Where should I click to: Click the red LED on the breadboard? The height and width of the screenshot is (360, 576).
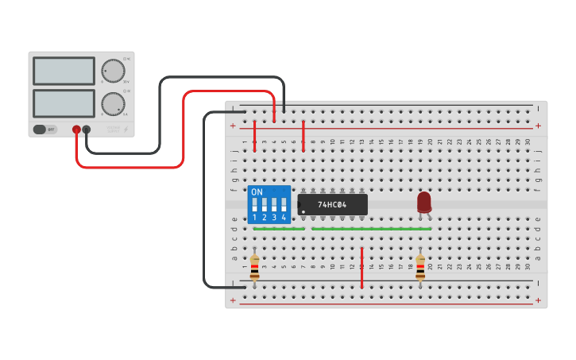click(423, 202)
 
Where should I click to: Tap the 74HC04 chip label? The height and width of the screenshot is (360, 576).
click(332, 204)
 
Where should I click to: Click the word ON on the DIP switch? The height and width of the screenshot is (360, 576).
click(257, 192)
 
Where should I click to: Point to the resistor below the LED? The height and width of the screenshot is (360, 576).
click(420, 267)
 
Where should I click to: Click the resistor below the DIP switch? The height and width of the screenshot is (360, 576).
click(254, 267)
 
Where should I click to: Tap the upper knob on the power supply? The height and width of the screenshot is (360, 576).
click(113, 71)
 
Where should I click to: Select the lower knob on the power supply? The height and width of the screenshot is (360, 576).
click(113, 103)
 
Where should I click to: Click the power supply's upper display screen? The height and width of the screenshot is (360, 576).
click(64, 71)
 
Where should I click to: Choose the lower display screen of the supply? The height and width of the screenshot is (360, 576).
click(64, 103)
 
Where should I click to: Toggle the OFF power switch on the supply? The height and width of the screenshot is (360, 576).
click(45, 129)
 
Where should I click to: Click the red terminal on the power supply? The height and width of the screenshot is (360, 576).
click(76, 129)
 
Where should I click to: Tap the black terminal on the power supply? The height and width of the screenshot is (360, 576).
click(87, 129)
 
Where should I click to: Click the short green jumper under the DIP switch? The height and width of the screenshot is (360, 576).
click(279, 229)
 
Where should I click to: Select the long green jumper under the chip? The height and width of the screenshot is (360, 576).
click(372, 229)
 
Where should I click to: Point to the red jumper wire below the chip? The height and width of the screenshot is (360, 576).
click(361, 268)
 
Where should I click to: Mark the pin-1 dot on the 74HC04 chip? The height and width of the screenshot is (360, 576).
click(303, 211)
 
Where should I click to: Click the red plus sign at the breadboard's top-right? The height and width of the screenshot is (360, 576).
click(538, 126)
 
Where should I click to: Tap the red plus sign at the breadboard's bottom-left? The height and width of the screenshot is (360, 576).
click(233, 300)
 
